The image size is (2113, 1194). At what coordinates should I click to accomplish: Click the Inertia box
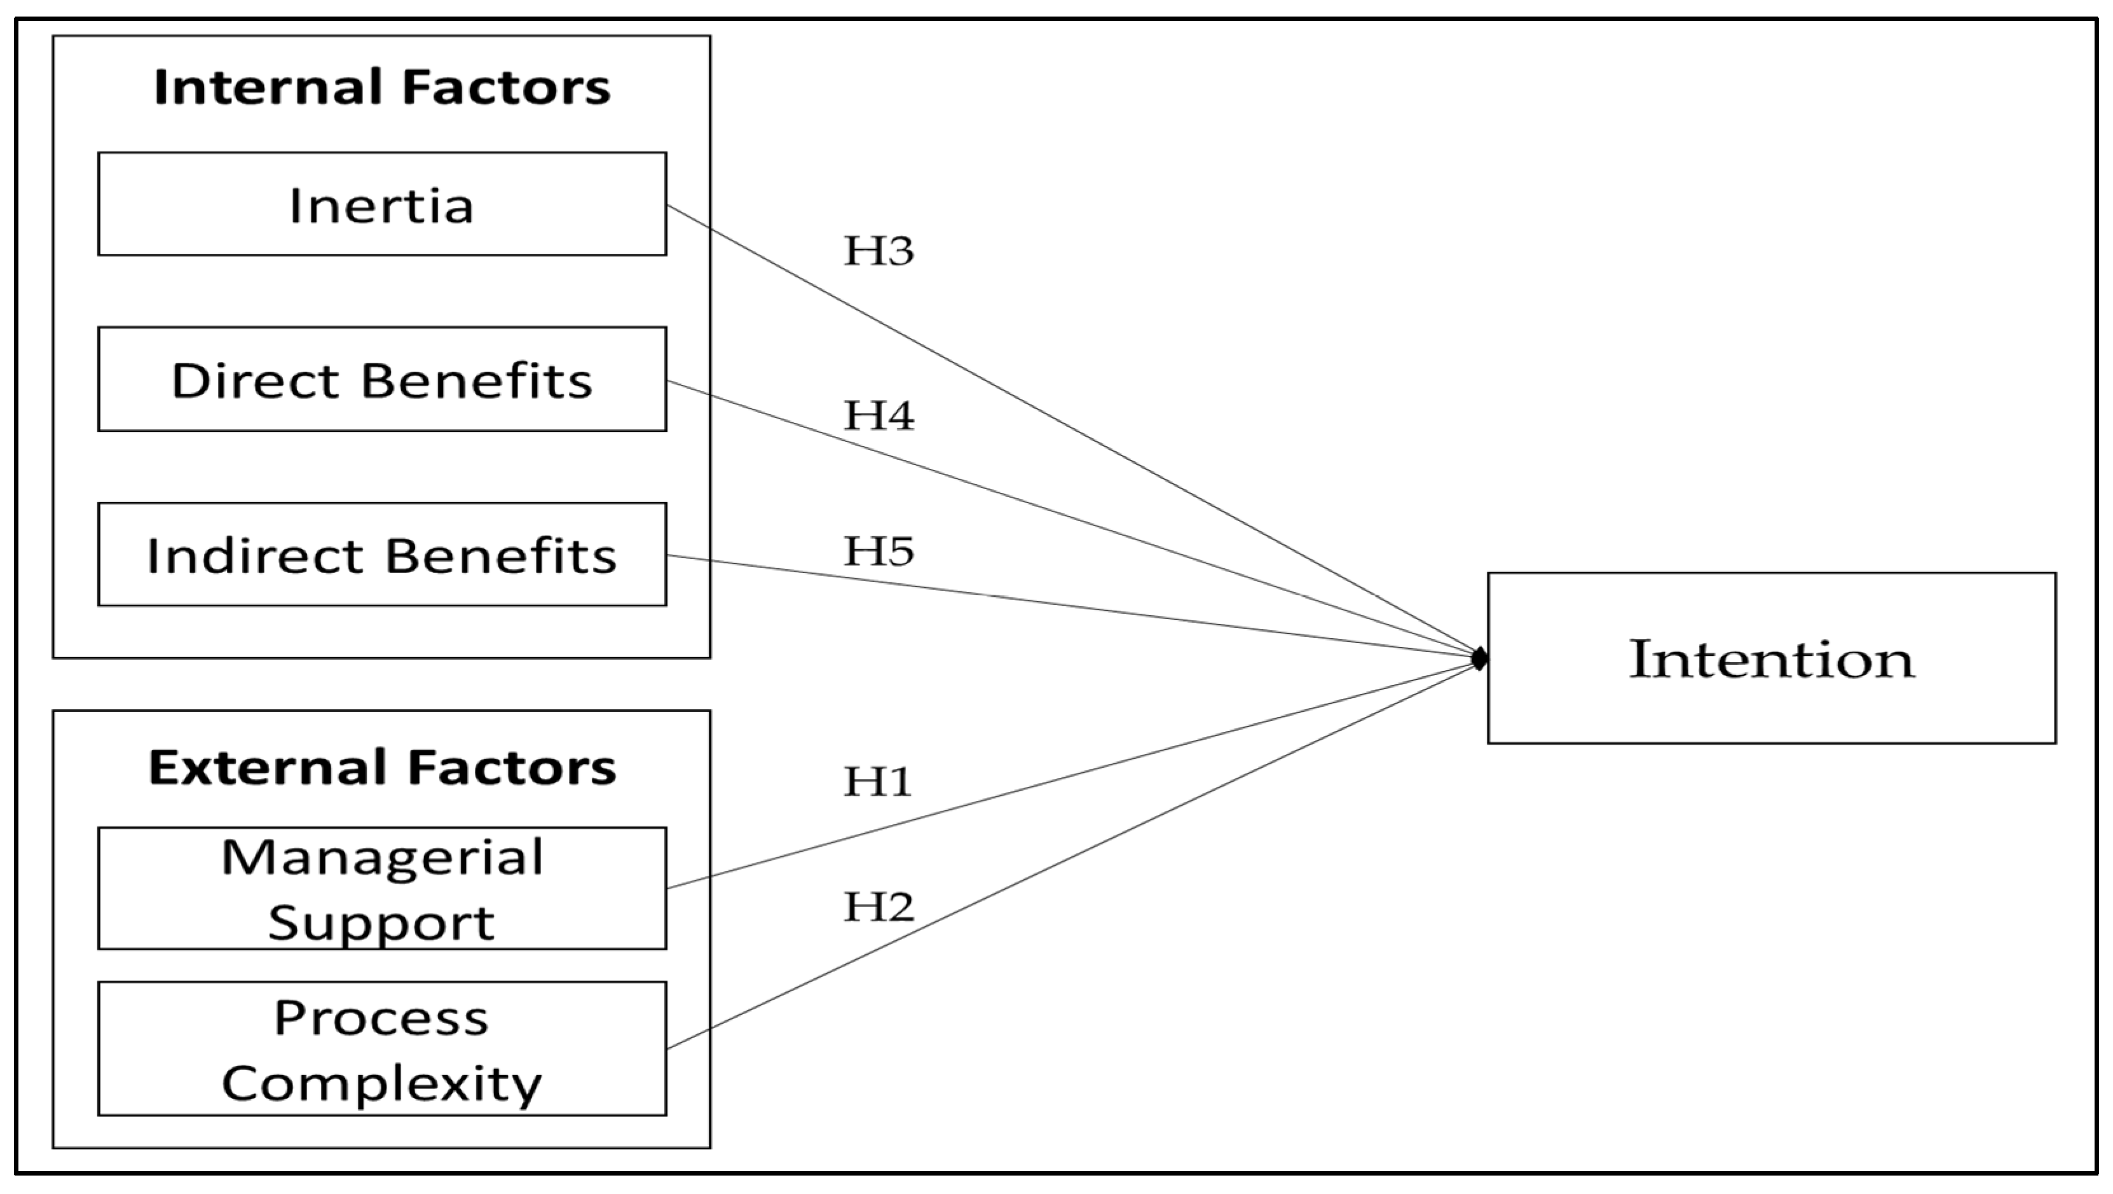pyautogui.click(x=381, y=204)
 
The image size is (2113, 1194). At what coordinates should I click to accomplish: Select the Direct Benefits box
pyautogui.click(x=381, y=380)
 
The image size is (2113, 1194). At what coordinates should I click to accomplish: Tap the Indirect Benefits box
pyautogui.click(x=381, y=555)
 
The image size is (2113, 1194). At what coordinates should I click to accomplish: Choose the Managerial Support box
pyautogui.click(x=381, y=889)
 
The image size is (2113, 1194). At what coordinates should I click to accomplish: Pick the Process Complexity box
pyautogui.click(x=381, y=1049)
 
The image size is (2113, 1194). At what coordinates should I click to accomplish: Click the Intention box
pyautogui.click(x=1772, y=659)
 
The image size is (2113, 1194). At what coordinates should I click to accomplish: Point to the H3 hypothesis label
pyautogui.click(x=879, y=251)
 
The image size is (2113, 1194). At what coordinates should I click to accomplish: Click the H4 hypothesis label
pyautogui.click(x=879, y=415)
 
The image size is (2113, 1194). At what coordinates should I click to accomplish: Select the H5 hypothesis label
pyautogui.click(x=879, y=552)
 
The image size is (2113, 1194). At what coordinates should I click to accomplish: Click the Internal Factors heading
pyautogui.click(x=381, y=88)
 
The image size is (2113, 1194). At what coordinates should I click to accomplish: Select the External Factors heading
pyautogui.click(x=381, y=768)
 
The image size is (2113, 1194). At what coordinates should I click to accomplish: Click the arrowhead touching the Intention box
pyautogui.click(x=1479, y=658)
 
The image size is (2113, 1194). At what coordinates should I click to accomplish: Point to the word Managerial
pyautogui.click(x=382, y=858)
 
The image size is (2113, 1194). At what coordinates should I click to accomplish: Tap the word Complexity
pyautogui.click(x=381, y=1084)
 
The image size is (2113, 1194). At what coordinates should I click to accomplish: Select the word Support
pyautogui.click(x=381, y=923)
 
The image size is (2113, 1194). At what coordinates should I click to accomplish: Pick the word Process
pyautogui.click(x=381, y=1018)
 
